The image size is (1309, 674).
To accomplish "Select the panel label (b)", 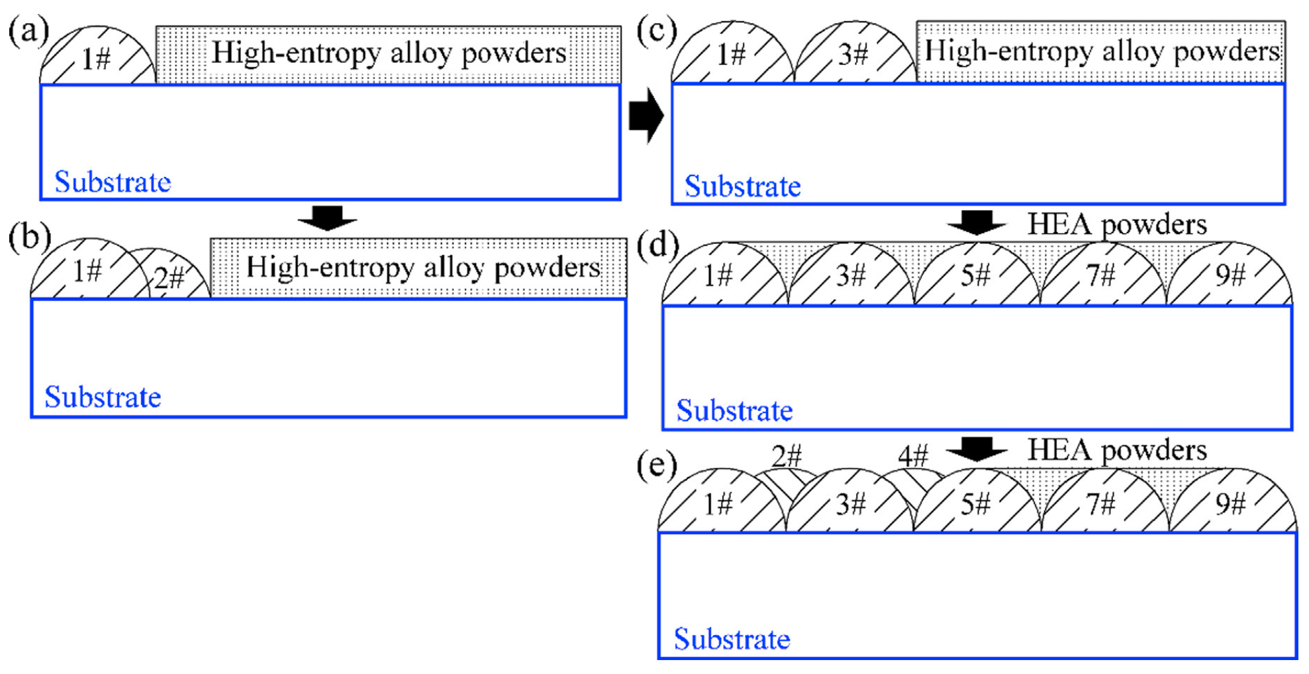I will click(x=29, y=237).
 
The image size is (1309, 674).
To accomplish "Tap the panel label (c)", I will click(x=656, y=31).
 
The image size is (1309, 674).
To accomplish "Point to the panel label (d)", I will click(x=657, y=245).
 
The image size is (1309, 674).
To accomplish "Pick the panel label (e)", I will click(x=656, y=465).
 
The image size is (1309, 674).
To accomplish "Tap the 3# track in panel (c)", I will click(x=853, y=54).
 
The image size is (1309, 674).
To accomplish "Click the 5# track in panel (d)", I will click(x=976, y=276).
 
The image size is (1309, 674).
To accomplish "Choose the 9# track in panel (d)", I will click(x=1230, y=276).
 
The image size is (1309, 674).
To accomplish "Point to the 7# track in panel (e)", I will click(x=1102, y=504).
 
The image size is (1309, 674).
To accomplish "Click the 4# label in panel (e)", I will click(x=913, y=456).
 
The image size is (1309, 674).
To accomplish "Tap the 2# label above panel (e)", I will click(x=787, y=456).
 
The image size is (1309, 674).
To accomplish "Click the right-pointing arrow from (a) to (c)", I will click(x=646, y=115).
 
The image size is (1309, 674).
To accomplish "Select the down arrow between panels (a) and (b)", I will click(x=327, y=217).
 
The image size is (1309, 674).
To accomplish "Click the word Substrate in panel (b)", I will click(x=103, y=398).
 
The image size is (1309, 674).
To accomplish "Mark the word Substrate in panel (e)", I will click(x=732, y=640).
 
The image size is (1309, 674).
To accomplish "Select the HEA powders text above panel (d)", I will click(x=1116, y=225).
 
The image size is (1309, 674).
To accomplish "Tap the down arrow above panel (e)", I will click(x=977, y=449).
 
